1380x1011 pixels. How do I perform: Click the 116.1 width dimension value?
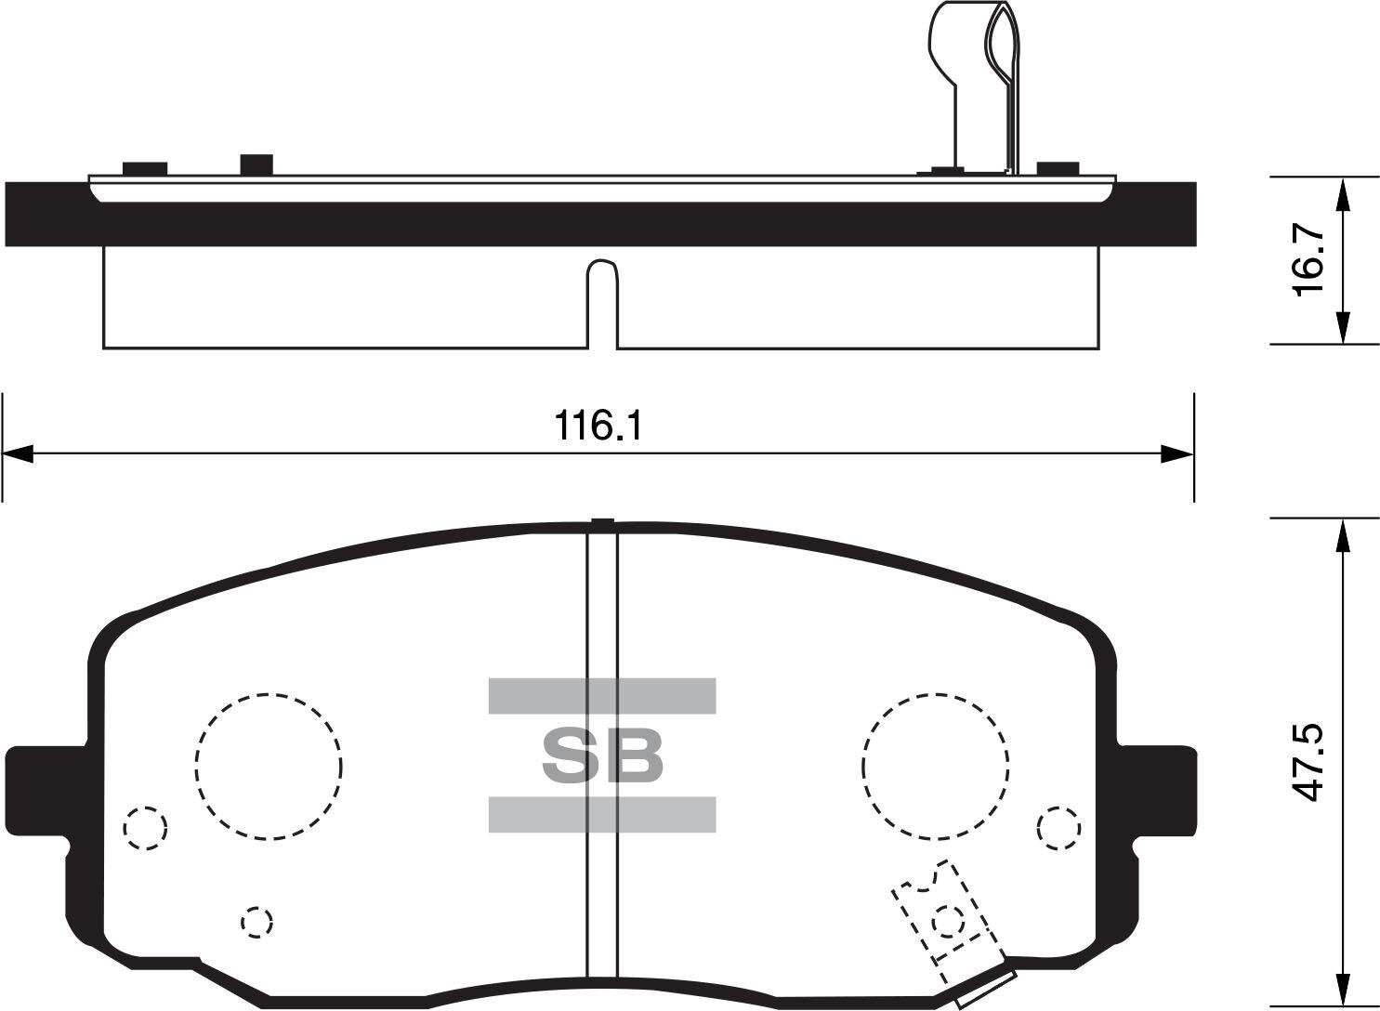(598, 426)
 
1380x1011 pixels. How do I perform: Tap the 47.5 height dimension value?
(1308, 762)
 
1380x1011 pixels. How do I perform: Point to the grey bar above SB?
(602, 696)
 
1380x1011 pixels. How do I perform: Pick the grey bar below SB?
(602, 814)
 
